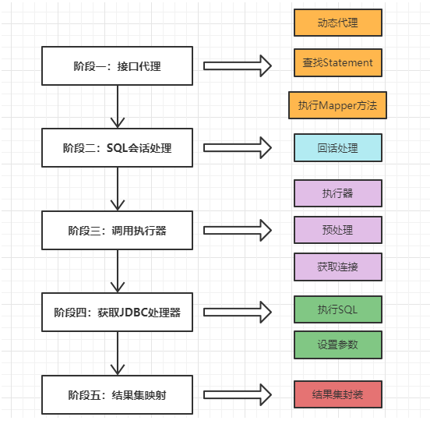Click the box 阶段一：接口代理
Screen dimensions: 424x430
point(117,66)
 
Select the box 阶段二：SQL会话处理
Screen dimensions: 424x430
point(117,148)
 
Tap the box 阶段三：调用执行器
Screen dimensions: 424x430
point(117,231)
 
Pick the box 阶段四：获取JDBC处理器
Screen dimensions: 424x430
point(117,313)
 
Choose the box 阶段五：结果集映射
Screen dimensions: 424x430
point(117,395)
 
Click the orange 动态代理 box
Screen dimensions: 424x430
point(337,23)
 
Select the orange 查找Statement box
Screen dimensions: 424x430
point(337,63)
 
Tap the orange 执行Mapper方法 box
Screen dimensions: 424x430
point(337,105)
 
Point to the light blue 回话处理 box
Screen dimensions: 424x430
point(337,147)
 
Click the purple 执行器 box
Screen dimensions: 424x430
point(337,193)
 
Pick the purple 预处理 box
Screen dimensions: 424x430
point(337,230)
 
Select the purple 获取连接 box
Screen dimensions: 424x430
point(337,267)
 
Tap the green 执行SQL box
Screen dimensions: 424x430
point(337,309)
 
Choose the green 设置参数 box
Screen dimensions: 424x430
point(337,344)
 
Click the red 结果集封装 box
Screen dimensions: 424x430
point(337,394)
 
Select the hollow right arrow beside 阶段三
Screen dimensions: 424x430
point(238,230)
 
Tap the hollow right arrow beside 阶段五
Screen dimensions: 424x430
point(238,394)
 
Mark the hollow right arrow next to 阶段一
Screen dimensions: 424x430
point(238,66)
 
